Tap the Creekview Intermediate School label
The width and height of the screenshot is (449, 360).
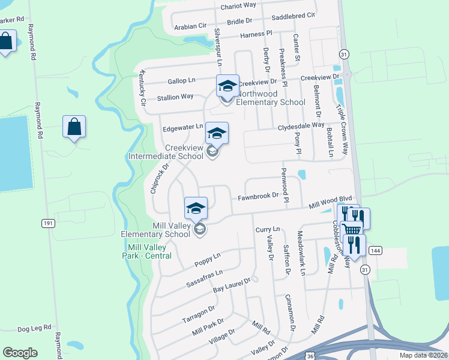coord(166,152)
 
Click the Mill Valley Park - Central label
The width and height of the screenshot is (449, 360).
coord(150,251)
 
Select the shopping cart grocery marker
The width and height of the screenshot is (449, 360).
coord(352,229)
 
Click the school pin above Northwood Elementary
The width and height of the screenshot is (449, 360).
coord(228,85)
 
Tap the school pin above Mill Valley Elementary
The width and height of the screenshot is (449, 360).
coord(196,208)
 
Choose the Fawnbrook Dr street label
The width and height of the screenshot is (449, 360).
coord(259,196)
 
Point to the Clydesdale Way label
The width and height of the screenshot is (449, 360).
coord(301,126)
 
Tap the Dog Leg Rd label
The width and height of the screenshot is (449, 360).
coord(32,329)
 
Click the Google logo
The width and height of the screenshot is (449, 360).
coord(20,353)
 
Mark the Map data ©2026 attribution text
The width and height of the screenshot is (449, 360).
coord(423,355)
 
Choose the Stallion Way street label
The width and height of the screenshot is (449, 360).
coord(175,97)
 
